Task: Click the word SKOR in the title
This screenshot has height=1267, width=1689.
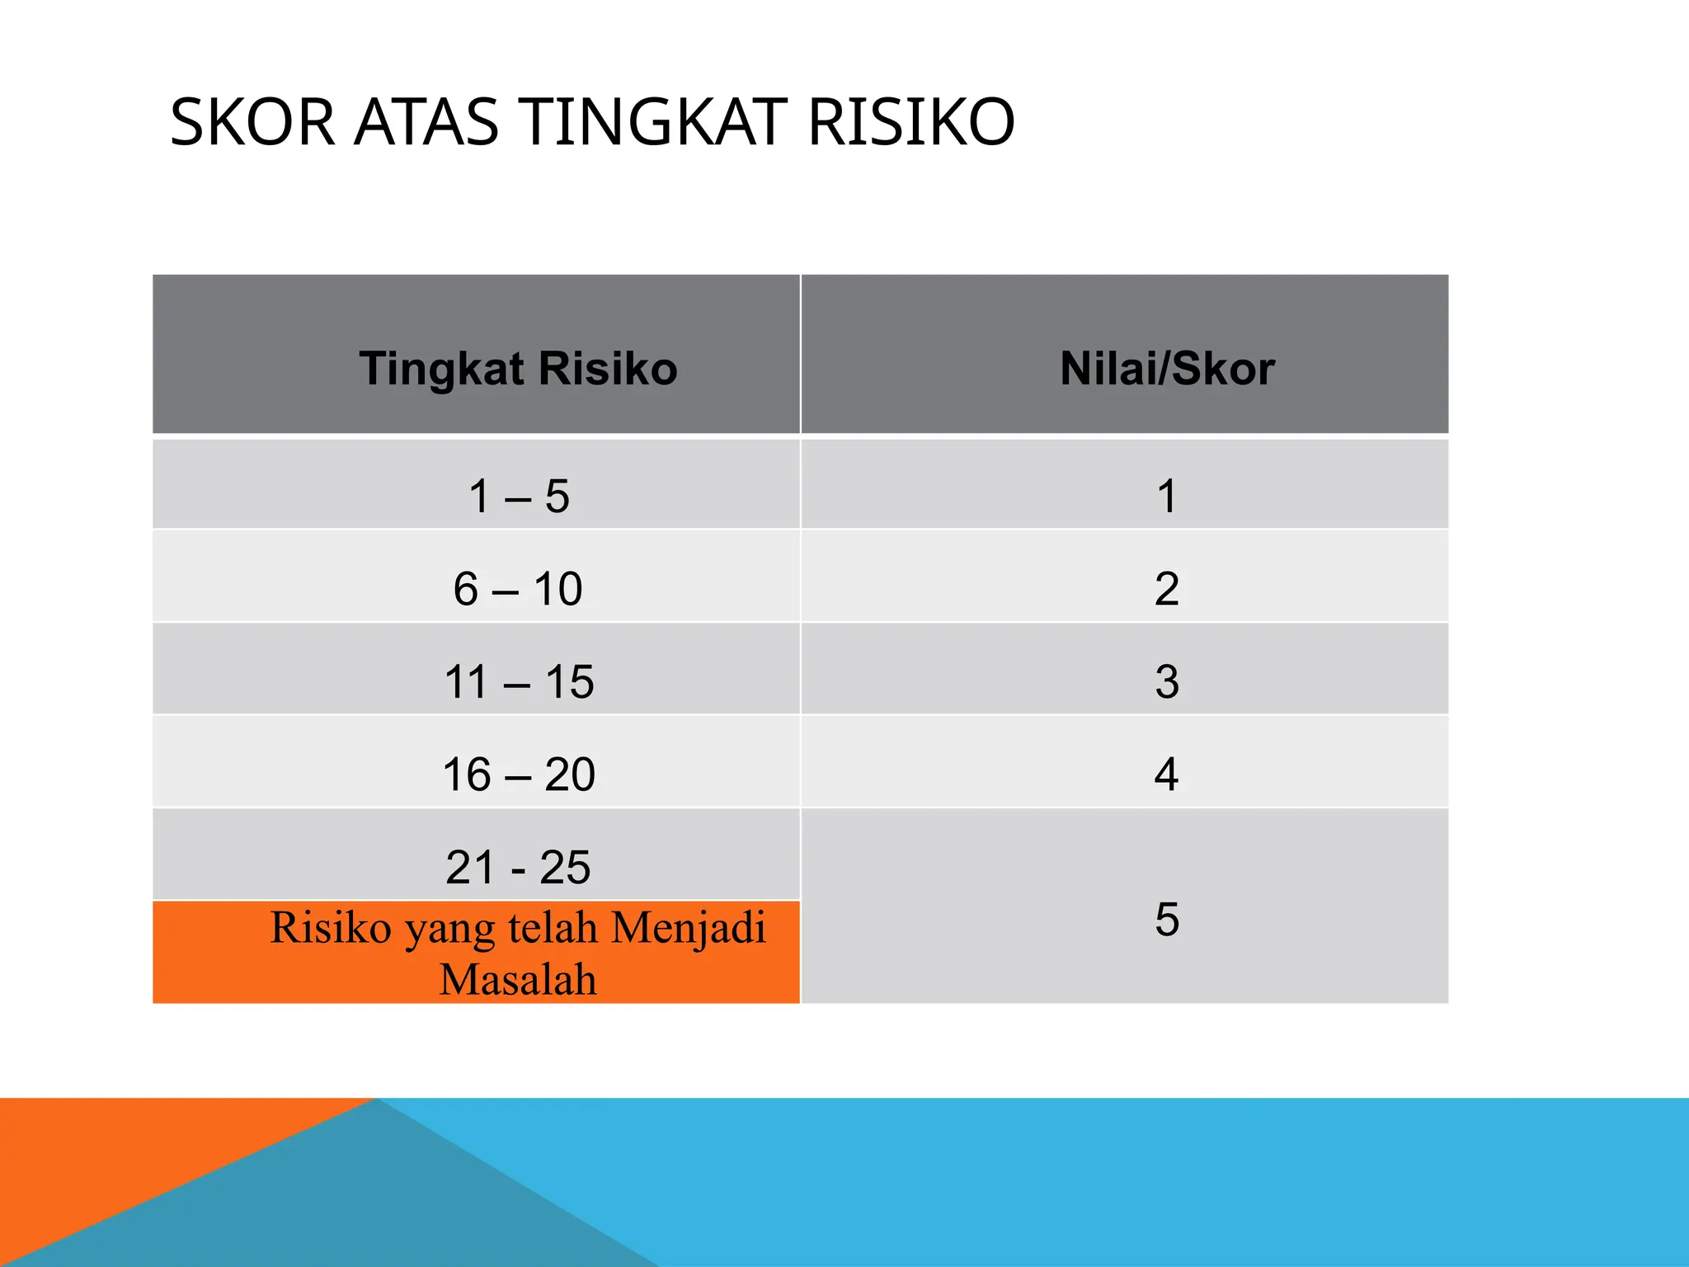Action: pyautogui.click(x=252, y=122)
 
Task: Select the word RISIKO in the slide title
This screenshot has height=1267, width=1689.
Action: pyautogui.click(x=910, y=122)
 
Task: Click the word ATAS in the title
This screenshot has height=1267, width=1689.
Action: pyautogui.click(x=426, y=122)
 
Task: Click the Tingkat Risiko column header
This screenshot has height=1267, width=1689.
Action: pyautogui.click(x=518, y=368)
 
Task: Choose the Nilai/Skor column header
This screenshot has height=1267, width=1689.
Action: pyautogui.click(x=1167, y=368)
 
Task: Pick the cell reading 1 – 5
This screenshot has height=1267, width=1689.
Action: pyautogui.click(x=519, y=497)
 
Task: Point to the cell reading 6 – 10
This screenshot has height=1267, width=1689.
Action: pyautogui.click(x=518, y=589)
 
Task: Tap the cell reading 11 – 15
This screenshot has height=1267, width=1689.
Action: pyautogui.click(x=519, y=682)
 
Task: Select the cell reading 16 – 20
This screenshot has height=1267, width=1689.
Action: pyautogui.click(x=519, y=775)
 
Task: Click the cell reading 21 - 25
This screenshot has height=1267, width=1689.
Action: pyautogui.click(x=518, y=867)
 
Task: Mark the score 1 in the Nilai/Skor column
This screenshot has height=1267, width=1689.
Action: pyautogui.click(x=1166, y=497)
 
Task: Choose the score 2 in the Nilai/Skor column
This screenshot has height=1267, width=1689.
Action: pyautogui.click(x=1166, y=589)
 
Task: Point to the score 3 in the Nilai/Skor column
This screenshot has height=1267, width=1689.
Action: pyautogui.click(x=1166, y=682)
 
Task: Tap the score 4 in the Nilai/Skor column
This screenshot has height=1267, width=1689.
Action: pyautogui.click(x=1166, y=775)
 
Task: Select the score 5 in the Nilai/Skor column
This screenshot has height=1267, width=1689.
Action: pyautogui.click(x=1166, y=919)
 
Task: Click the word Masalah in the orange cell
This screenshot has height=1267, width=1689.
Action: pyautogui.click(x=518, y=979)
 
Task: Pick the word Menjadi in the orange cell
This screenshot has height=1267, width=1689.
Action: pyautogui.click(x=689, y=927)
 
